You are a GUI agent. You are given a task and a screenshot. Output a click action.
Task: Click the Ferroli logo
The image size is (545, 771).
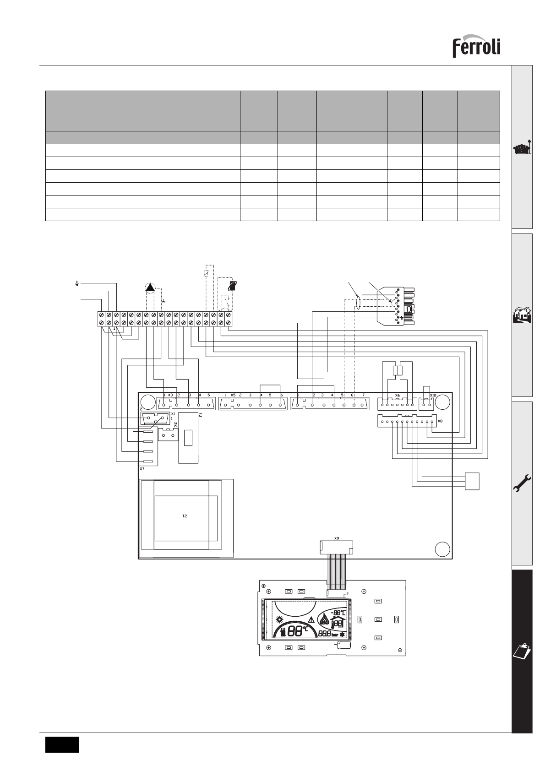(476, 47)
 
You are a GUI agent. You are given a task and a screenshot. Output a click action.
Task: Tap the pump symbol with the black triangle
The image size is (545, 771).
(150, 288)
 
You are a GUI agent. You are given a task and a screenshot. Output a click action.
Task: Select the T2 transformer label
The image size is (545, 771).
(185, 516)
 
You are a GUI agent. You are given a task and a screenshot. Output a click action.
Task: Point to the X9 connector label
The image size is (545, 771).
(337, 538)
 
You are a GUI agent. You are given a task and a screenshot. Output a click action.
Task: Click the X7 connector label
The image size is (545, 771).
(142, 469)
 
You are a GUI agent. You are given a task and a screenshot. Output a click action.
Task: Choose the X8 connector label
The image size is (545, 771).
(440, 421)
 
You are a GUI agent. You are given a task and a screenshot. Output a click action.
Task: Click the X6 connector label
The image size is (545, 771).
(397, 395)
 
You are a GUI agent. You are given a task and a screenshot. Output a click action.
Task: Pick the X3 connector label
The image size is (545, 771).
(170, 395)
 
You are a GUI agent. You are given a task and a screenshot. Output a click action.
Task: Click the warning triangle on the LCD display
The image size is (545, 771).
(311, 620)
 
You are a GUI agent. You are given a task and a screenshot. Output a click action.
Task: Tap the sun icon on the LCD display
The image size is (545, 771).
(280, 620)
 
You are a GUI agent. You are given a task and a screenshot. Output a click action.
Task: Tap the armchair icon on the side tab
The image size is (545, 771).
(522, 149)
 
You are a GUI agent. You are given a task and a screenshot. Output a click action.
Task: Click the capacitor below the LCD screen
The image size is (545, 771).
(344, 645)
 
